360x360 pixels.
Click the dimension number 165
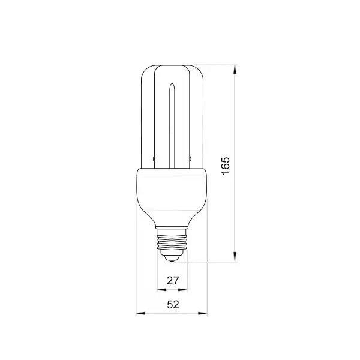pos(226,166)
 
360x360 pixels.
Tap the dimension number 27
pos(173,281)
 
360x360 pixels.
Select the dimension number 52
pos(173,305)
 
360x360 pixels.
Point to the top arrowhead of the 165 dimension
pos(235,70)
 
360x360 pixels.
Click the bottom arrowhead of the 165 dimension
pos(235,257)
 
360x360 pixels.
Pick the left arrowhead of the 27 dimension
pos(161,290)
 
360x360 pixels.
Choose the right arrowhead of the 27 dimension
pos(183,290)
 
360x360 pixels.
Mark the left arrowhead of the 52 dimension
pos(140,313)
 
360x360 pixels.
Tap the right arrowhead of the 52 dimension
pos(203,313)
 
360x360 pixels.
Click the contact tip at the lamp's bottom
pos(172,260)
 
